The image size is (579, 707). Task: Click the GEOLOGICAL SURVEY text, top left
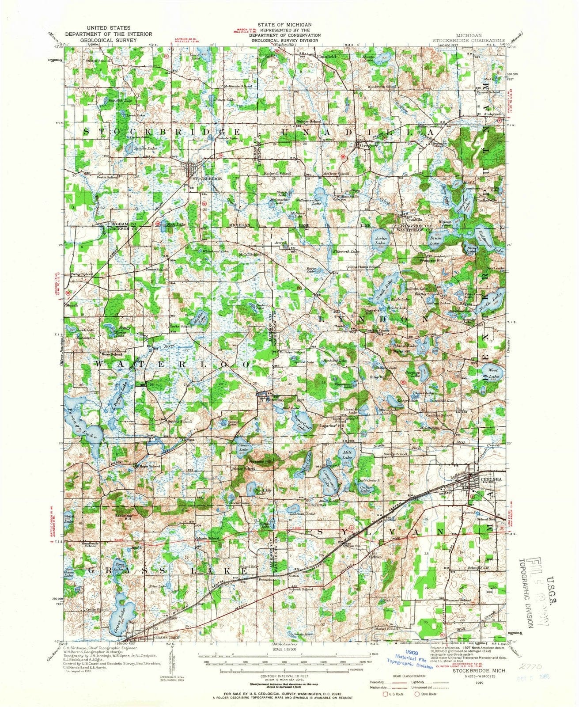[x=109, y=39]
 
